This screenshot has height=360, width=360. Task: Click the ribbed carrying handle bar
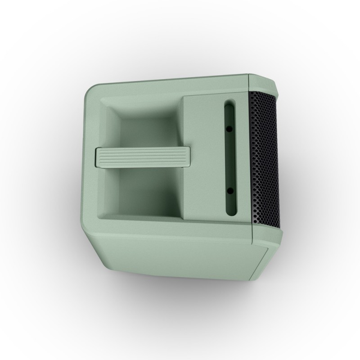click(x=142, y=157)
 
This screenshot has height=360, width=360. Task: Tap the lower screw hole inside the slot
click(x=230, y=191)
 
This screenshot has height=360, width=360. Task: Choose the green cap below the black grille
click(x=265, y=234)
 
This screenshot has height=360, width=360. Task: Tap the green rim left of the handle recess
click(x=92, y=157)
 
